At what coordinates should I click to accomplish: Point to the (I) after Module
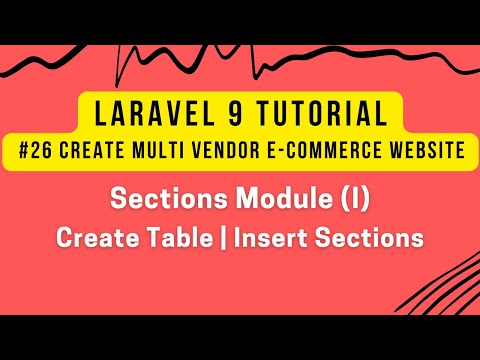click(354, 199)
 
